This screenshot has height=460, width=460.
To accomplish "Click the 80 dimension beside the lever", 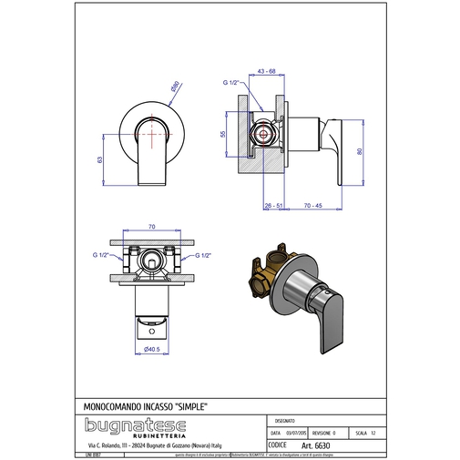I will click(362, 151).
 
